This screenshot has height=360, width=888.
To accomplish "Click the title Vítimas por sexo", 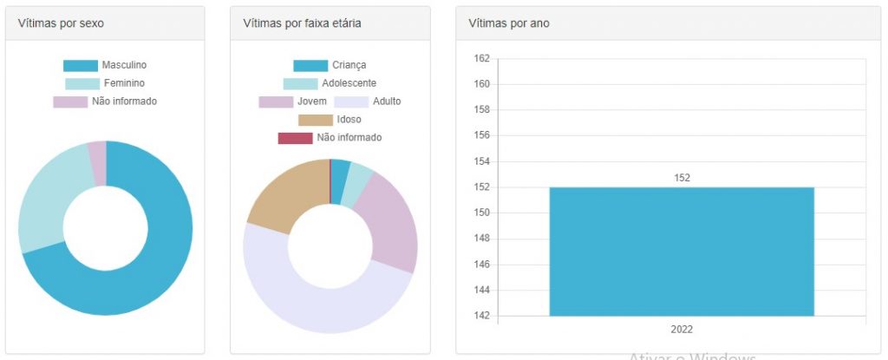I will point(61,23).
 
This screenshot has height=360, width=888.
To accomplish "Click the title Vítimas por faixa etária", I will point(303,23).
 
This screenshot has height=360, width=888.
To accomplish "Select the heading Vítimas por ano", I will point(509,23).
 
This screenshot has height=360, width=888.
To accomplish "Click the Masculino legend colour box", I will point(81,66).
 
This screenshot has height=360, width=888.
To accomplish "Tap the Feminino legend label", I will point(124,83).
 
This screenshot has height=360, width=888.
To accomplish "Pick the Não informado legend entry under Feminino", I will point(124,101).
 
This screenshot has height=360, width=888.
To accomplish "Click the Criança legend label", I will point(349,66).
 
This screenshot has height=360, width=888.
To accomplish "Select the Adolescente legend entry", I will point(349,83).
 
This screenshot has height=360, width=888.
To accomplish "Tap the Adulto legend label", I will point(387,101).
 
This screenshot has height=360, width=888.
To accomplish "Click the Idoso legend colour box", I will point(315,120).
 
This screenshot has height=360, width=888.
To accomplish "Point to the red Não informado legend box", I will point(295,138).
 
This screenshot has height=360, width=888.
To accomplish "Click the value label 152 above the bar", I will point(682,178).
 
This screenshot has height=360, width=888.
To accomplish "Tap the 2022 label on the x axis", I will point(682,330).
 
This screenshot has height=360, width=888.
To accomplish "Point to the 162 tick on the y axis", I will point(481,59).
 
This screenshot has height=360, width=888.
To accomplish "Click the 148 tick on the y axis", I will point(481,239).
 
